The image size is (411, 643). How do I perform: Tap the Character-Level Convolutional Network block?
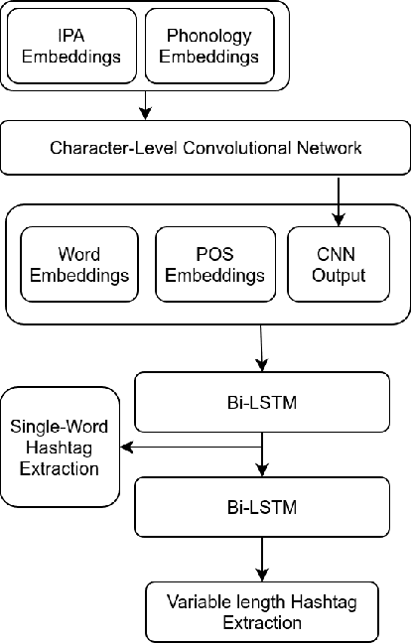coord(205,148)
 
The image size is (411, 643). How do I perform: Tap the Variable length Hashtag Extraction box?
coord(263,612)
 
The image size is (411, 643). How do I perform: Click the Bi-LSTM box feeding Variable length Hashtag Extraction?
coord(263,507)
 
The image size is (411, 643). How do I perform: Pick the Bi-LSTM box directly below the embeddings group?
coord(263,404)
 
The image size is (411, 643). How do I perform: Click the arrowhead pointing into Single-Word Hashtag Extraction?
coord(126,447)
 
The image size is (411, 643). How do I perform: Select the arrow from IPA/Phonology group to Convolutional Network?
coord(146,103)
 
